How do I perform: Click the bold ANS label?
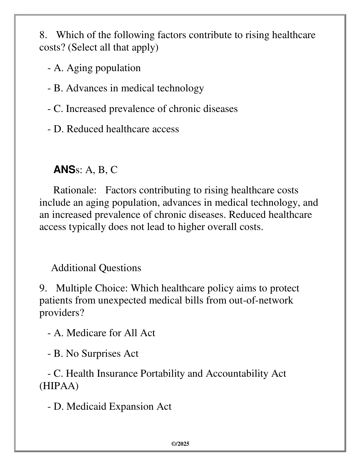click(64, 170)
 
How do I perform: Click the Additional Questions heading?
click(96, 268)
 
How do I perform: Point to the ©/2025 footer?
click(180, 444)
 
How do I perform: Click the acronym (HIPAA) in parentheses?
click(59, 386)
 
